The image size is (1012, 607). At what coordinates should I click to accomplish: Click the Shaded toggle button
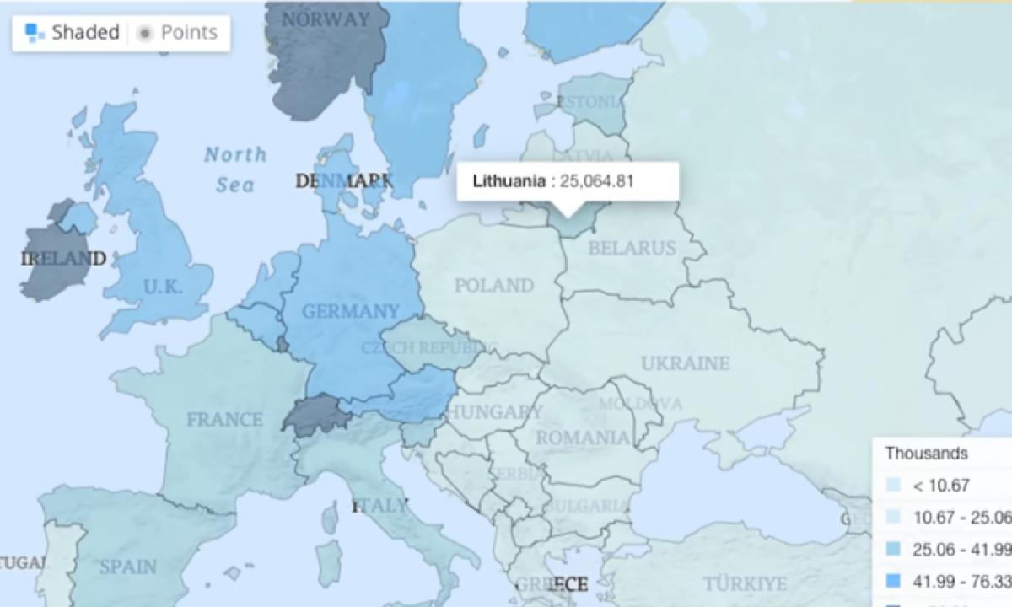(73, 33)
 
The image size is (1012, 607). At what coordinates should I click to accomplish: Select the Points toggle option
(178, 33)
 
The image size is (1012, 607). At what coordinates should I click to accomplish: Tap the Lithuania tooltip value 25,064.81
(602, 180)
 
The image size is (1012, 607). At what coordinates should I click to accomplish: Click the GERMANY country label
(350, 311)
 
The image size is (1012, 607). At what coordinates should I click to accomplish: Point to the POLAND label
(494, 286)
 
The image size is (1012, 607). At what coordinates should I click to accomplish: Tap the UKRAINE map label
(685, 363)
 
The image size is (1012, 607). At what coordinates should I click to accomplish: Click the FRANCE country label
(224, 419)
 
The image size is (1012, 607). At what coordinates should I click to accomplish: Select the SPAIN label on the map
(128, 567)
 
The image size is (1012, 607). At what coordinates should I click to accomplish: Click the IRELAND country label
(63, 258)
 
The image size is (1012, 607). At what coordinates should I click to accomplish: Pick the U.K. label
(162, 287)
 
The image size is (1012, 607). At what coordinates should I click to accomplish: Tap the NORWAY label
(325, 19)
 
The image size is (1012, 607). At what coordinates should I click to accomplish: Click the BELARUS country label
(632, 248)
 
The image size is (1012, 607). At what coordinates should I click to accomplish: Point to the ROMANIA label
(583, 438)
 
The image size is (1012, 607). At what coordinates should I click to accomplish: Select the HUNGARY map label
(494, 412)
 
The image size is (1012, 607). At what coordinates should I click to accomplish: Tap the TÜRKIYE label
(745, 583)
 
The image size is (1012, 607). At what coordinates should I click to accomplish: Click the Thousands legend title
(926, 454)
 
